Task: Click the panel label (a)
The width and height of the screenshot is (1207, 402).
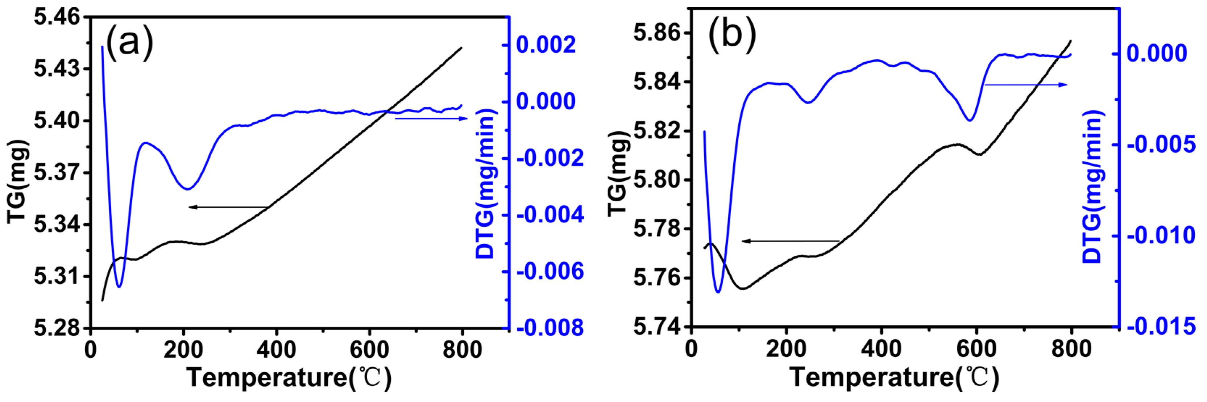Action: pyautogui.click(x=129, y=43)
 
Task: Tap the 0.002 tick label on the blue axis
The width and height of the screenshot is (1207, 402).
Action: pyautogui.click(x=546, y=45)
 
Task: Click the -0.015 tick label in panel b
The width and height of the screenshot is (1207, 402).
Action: pyautogui.click(x=1161, y=326)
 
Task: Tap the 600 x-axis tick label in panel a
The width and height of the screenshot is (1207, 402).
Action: pyautogui.click(x=369, y=350)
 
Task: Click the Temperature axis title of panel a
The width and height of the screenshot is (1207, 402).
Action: pyautogui.click(x=289, y=377)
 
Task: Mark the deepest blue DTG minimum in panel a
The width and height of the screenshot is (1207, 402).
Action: pyautogui.click(x=119, y=286)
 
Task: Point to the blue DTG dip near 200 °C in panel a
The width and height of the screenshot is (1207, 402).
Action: pyautogui.click(x=188, y=189)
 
